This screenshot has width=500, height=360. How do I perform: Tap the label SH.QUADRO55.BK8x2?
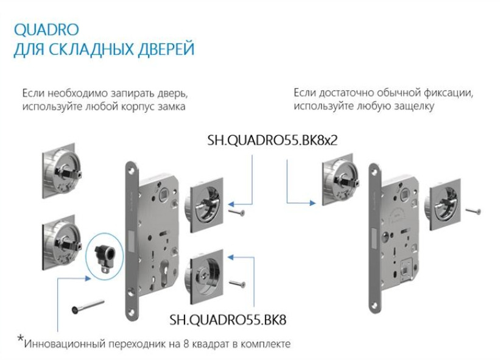click(272, 141)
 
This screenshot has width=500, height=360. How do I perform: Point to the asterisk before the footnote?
click(20, 339)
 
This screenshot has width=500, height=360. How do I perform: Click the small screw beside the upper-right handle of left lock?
click(236, 212)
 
